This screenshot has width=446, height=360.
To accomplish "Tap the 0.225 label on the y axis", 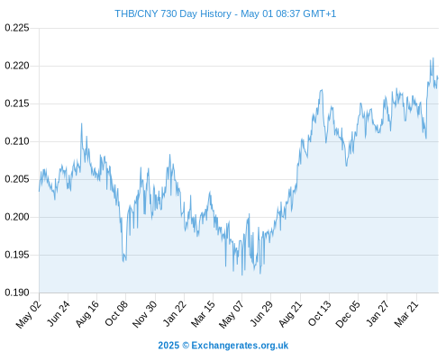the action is point(17,28).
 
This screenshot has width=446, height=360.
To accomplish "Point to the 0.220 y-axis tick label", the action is point(17,66).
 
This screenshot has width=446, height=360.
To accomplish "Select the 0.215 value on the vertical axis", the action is point(17,103).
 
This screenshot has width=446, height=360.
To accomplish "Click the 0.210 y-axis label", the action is point(17,141).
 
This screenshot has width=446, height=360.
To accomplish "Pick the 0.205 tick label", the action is point(17,179).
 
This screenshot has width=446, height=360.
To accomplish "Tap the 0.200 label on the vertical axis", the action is point(17,217).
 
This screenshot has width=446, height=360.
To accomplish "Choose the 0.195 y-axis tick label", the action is point(17,255).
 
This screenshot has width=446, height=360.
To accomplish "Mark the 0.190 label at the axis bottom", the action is point(17,292).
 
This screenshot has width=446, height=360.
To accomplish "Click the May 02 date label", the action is point(29,314).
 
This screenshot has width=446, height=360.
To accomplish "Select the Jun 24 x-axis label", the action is point(59,313).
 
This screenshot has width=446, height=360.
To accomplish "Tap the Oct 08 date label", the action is point(116,313).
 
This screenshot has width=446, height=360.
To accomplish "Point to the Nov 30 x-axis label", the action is point(144,314).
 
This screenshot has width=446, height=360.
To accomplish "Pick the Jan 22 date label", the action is point(174,313).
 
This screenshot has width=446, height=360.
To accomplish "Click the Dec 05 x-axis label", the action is point(348,314).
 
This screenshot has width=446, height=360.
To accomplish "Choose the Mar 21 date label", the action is point(406,313).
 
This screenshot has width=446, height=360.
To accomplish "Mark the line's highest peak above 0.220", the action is point(433,58).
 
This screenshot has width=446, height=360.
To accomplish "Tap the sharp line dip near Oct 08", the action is point(123,261).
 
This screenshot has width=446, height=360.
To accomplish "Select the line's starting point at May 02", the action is point(39,191).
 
